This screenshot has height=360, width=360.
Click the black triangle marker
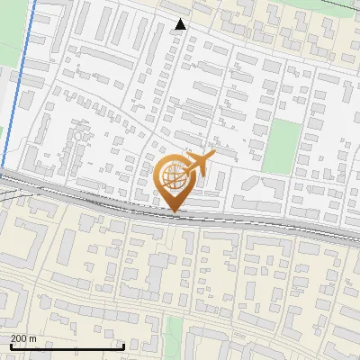click(x=181, y=24)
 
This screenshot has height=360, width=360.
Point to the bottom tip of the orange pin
click(x=175, y=212)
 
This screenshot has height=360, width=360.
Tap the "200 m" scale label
click(x=22, y=337)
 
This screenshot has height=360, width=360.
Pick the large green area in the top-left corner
click(x=2, y=99)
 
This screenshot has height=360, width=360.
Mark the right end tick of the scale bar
click(x=123, y=345)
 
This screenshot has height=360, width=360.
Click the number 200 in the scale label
click(x=18, y=337)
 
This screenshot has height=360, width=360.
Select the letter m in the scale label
click(x=32, y=338)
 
